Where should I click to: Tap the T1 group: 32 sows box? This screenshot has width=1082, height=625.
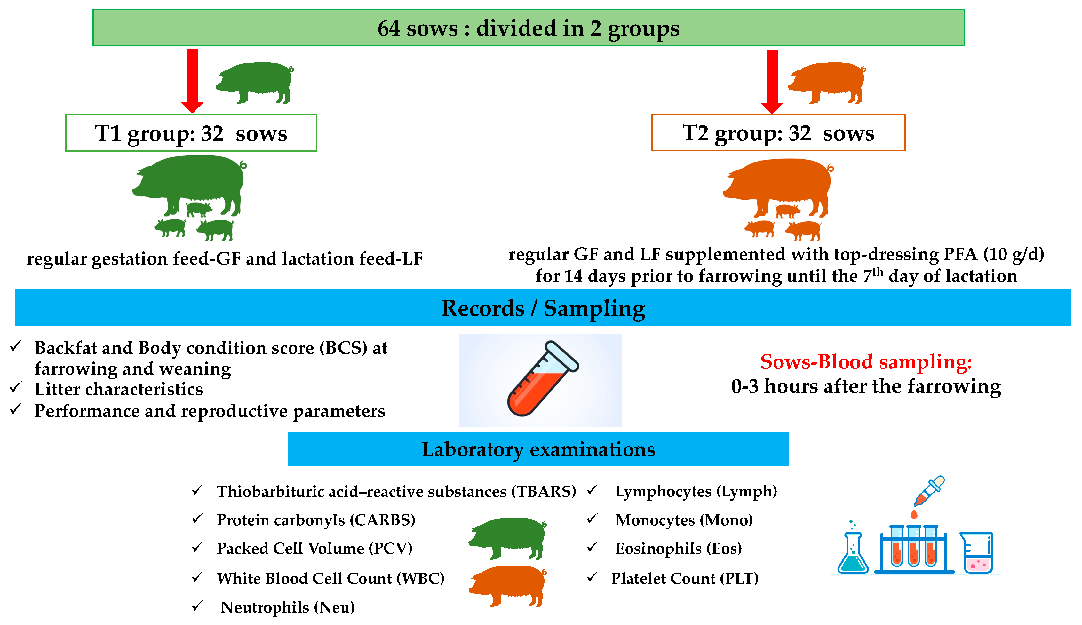(191, 133)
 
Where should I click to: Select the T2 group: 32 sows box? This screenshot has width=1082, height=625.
(778, 133)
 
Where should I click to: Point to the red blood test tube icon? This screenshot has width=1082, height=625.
(542, 379)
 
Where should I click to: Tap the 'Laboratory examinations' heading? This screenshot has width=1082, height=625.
(538, 449)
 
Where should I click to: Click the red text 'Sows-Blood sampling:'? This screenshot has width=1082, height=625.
(866, 362)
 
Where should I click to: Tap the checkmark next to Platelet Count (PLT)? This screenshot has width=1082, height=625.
(592, 577)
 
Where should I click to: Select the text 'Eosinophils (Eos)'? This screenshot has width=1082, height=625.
(678, 549)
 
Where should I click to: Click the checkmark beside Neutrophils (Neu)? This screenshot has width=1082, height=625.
(197, 606)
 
